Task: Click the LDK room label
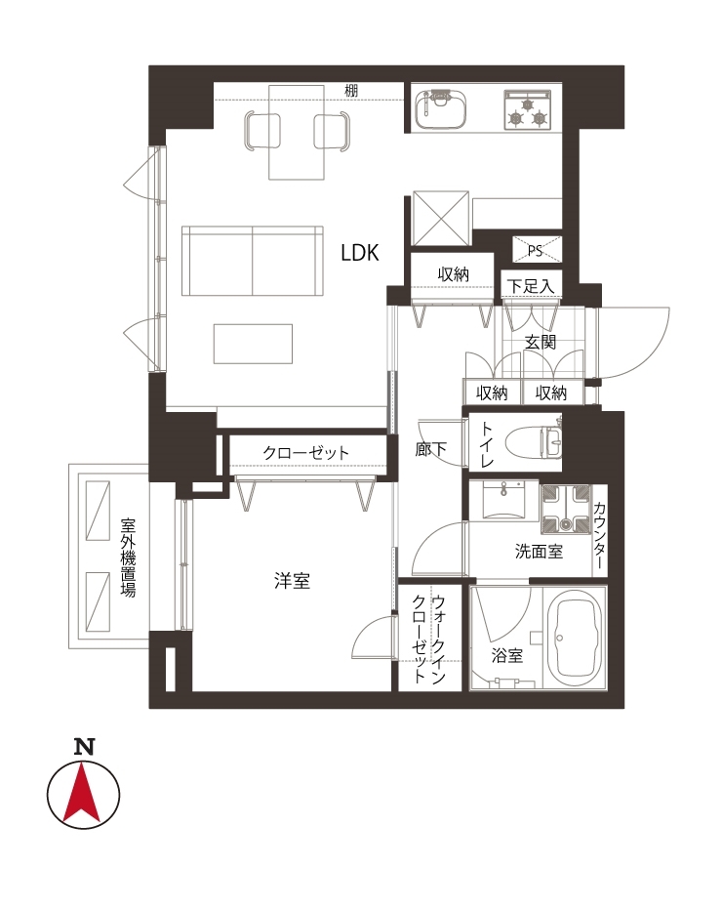click(360, 253)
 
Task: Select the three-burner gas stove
click(527, 109)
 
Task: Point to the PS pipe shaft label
click(535, 250)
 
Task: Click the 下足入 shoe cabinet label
click(531, 286)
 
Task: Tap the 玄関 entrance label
click(541, 342)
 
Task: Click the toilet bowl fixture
click(534, 443)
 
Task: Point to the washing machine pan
click(565, 509)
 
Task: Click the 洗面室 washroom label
click(539, 552)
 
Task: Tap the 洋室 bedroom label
click(292, 581)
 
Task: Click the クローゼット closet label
click(306, 452)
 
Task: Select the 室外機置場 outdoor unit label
click(128, 558)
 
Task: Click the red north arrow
click(82, 796)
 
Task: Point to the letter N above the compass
click(84, 747)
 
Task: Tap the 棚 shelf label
click(351, 91)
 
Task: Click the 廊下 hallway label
click(431, 449)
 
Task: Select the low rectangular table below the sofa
click(253, 344)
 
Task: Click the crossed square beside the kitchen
click(440, 219)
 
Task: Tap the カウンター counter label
click(599, 536)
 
